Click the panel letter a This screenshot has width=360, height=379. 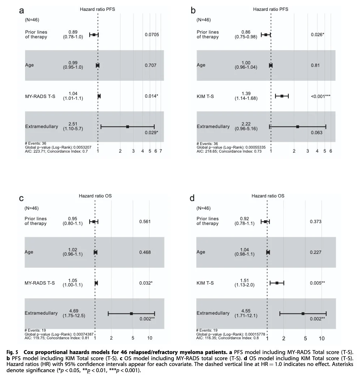(22, 10)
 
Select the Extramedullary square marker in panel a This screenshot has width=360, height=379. (128, 127)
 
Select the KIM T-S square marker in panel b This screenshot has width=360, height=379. (282, 96)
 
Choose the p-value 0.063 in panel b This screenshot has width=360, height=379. (317, 133)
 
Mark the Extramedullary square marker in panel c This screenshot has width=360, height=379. (132, 314)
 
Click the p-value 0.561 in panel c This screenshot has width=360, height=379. (145, 221)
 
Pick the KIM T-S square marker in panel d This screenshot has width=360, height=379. (277, 283)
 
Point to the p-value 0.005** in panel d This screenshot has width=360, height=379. (317, 283)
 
